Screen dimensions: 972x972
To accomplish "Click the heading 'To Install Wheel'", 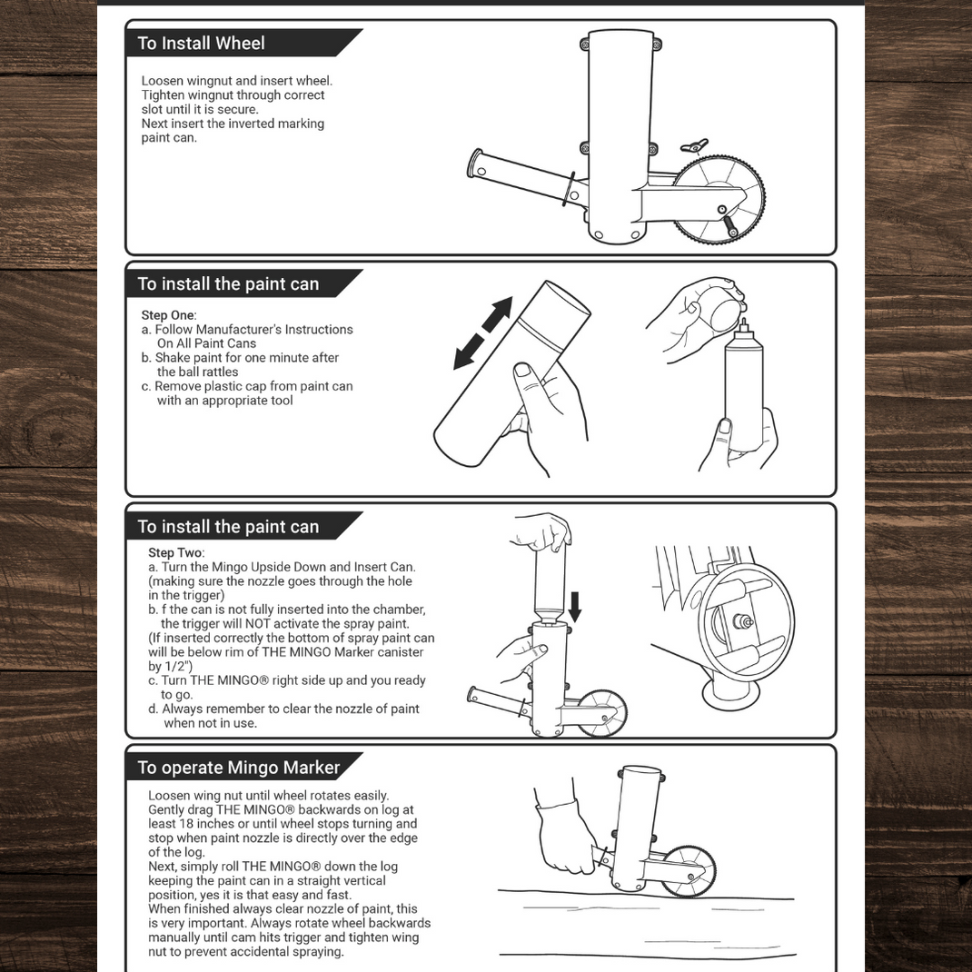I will pos(201,43).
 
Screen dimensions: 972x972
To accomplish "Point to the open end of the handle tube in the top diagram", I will pos(475,164).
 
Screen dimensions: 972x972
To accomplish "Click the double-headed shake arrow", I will pos(483,333).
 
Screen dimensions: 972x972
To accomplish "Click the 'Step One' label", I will pos(167,315).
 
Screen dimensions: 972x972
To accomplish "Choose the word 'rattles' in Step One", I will pos(216,372).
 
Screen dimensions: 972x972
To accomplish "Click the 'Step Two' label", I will pos(175,552).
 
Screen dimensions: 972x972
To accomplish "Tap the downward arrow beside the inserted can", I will pos(573,603).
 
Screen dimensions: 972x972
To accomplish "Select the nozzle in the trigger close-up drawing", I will pos(741,622).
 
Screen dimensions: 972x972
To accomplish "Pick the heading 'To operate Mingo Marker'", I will pos(238,768).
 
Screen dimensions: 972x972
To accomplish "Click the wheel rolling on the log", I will pos(688,870).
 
